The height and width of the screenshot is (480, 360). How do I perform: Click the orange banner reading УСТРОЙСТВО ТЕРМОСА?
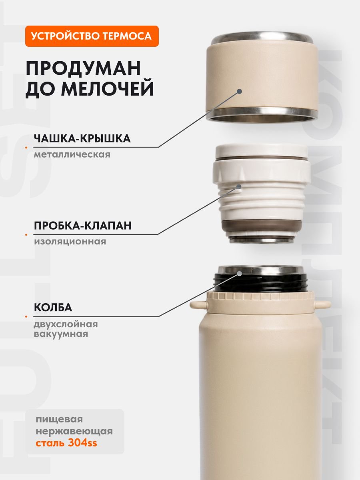coord(92,36)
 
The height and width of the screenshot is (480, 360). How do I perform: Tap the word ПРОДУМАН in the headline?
coord(83,68)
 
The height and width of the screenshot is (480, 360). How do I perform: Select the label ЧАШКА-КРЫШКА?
coord(82,138)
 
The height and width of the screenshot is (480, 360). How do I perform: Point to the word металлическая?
coord(72,155)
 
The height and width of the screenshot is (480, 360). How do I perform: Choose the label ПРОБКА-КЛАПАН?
coord(83,226)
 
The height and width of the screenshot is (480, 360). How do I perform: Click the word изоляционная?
coord(70,242)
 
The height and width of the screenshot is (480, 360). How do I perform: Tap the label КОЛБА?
coord(53,308)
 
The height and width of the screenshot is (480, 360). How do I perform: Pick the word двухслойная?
coord(66,324)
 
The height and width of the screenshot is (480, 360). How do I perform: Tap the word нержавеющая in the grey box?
coord(74,425)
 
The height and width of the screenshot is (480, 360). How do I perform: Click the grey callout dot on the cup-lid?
coord(240,92)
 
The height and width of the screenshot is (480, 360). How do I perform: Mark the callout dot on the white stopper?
coord(239,186)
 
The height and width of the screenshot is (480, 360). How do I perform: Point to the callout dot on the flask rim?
coord(240,273)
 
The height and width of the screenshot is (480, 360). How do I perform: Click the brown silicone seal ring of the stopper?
coord(262,228)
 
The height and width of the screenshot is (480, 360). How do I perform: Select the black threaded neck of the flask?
coord(260,283)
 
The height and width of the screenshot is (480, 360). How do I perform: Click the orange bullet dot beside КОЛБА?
coord(26,316)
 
